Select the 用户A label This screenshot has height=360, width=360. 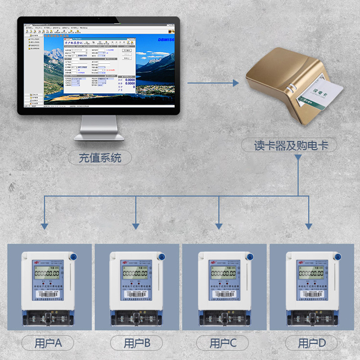[x=48, y=343]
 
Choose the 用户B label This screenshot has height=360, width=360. [x=136, y=343]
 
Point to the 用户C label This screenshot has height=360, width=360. [x=223, y=343]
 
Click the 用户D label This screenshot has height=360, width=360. [x=311, y=343]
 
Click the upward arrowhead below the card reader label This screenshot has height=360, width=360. [x=298, y=158]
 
